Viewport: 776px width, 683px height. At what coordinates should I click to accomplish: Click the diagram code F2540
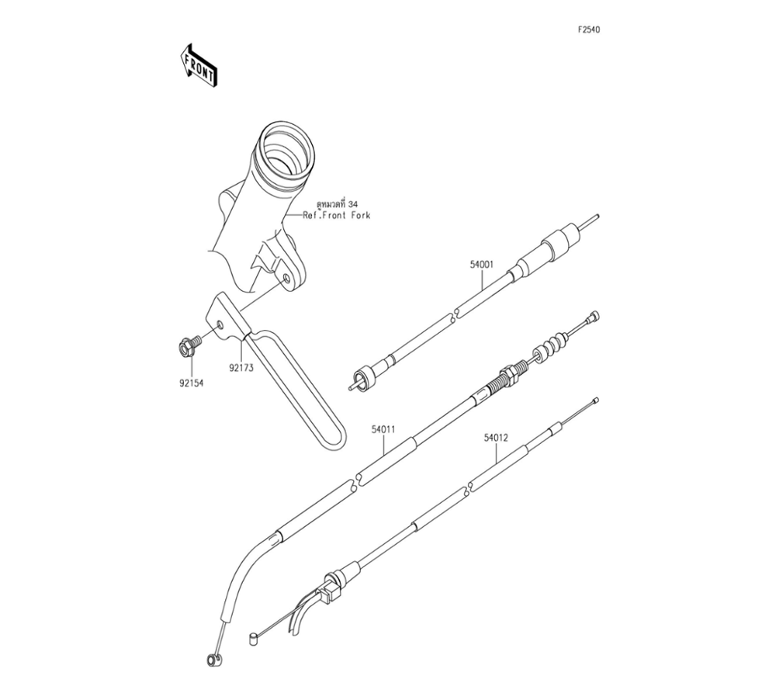coord(588,30)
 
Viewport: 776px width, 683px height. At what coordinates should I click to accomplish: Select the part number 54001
coord(481,265)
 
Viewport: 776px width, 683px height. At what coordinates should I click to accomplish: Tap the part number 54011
coord(383,428)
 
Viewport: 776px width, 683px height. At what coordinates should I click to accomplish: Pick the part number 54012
coord(496,438)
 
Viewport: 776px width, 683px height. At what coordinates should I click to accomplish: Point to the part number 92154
coord(189,381)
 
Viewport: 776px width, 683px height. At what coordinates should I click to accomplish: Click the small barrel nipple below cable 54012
coord(253,640)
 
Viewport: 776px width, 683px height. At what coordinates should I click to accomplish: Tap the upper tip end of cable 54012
coord(594,400)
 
